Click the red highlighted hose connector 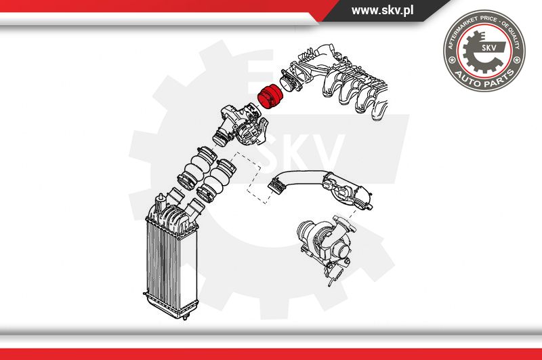click(x=271, y=96)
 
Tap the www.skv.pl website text click(x=382, y=10)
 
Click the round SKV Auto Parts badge click(x=484, y=50)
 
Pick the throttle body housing click(x=242, y=126)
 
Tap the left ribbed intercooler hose click(x=195, y=167)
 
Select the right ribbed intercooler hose click(x=216, y=182)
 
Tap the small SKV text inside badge click(x=488, y=47)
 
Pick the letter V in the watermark click(x=321, y=152)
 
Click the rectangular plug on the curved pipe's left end click(x=276, y=184)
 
